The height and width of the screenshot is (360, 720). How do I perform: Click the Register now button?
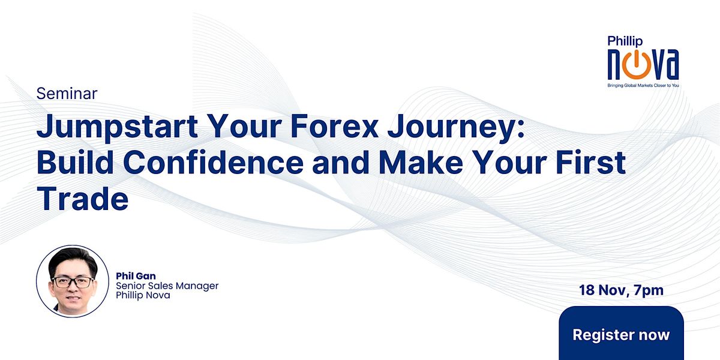click(x=621, y=334)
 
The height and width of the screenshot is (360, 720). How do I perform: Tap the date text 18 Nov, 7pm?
click(x=621, y=291)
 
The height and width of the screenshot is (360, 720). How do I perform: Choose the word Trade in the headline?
click(x=83, y=199)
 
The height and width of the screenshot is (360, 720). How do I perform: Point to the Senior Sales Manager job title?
click(x=167, y=286)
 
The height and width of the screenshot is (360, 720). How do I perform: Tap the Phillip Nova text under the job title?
click(x=143, y=295)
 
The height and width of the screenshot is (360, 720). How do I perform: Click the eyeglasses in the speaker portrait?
click(x=73, y=281)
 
